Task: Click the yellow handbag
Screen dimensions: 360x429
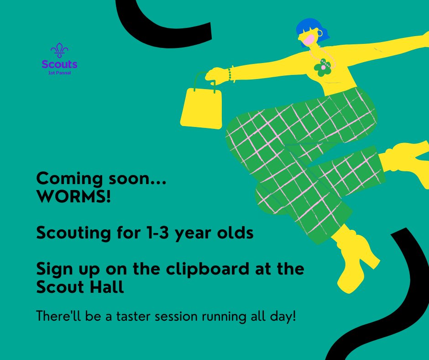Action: point(201,108)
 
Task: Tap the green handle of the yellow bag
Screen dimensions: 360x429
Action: point(204,80)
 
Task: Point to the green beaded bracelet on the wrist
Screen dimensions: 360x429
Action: point(231,74)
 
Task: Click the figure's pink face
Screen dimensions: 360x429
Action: point(309,40)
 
